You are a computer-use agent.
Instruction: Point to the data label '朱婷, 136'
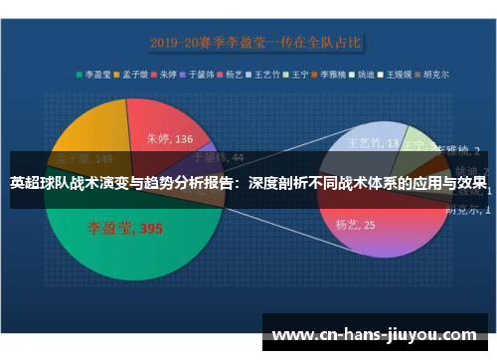pyautogui.click(x=170, y=138)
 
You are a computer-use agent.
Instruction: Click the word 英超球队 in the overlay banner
pyautogui.click(x=39, y=183)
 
